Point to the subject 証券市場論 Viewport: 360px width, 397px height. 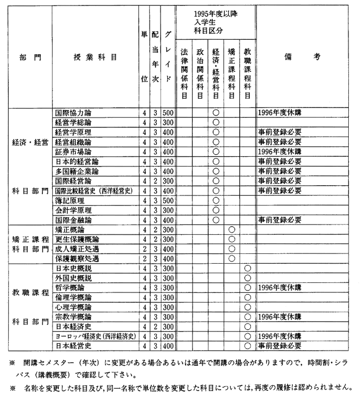pos(73,151)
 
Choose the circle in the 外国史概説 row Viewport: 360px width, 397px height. pos(247,278)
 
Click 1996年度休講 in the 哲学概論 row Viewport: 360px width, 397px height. pos(279,288)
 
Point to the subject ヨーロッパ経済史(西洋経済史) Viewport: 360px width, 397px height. pos(95,336)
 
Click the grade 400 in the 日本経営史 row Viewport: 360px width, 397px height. pos(168,346)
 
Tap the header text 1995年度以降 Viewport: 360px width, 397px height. pos(215,14)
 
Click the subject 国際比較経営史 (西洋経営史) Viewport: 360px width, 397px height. pos(94,191)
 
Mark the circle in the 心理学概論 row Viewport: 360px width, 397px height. pos(247,308)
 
